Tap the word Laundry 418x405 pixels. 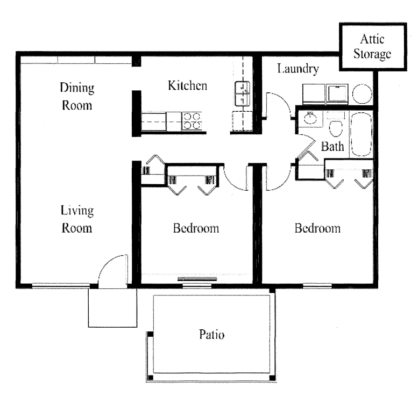298,69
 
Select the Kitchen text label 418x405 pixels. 187,85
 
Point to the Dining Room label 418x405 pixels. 76,96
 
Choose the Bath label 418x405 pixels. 332,147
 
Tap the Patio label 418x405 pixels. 210,336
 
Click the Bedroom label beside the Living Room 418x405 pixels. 196,228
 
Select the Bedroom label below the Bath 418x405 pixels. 317,228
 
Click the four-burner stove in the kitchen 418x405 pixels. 192,121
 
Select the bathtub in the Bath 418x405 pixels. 361,134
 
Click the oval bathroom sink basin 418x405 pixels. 309,119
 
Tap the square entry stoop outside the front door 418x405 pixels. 112,308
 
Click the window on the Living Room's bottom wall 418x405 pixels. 61,285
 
